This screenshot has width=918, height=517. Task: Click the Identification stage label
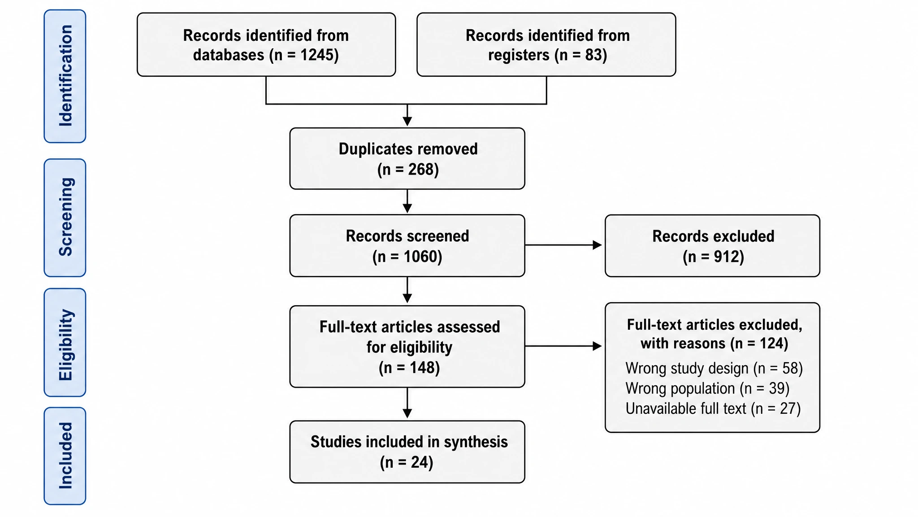[x=65, y=76]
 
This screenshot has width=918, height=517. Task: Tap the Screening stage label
[x=65, y=217]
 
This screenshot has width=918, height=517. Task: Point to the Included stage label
[x=65, y=456]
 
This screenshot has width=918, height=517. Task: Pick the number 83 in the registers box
[x=593, y=55]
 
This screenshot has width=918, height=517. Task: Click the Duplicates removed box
[x=407, y=158]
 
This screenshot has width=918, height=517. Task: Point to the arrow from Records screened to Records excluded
[x=563, y=245]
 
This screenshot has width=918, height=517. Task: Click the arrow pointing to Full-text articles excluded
[x=563, y=346]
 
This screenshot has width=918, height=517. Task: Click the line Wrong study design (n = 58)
[x=714, y=368]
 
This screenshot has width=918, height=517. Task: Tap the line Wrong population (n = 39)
[x=707, y=388]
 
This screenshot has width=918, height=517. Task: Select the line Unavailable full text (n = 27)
[x=713, y=408]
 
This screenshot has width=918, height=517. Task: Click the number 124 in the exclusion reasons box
[x=771, y=343]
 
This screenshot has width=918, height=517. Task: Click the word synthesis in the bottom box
[x=476, y=442]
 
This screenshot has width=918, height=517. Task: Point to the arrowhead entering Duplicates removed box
[x=407, y=122]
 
